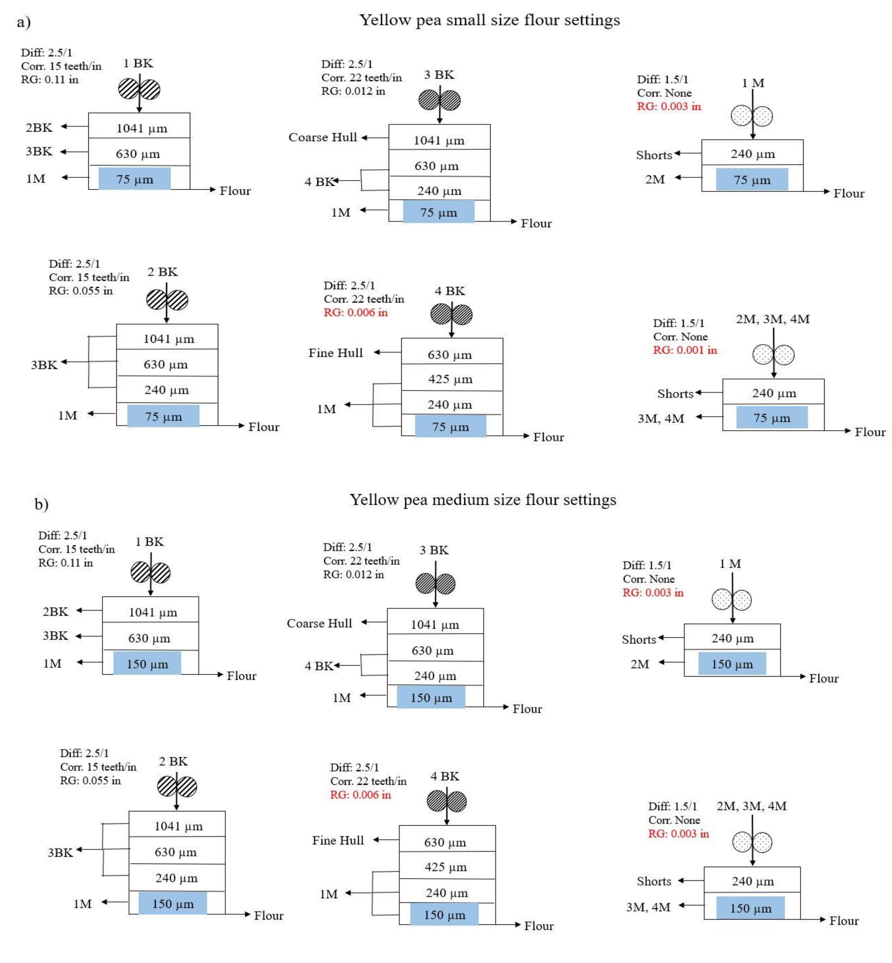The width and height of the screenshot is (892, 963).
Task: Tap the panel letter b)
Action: [41, 504]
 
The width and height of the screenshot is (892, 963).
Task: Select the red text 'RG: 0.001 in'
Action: [685, 350]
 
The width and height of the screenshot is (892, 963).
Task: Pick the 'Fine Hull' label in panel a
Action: [336, 353]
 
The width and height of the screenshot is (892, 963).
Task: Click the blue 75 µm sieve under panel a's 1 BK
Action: [135, 179]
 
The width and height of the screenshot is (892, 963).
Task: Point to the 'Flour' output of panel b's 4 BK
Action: [539, 926]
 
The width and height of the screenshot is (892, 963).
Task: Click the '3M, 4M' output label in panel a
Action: [661, 419]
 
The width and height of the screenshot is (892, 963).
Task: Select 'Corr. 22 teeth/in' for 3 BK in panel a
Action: [361, 78]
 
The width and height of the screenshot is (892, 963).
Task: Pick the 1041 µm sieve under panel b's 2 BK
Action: [178, 826]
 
